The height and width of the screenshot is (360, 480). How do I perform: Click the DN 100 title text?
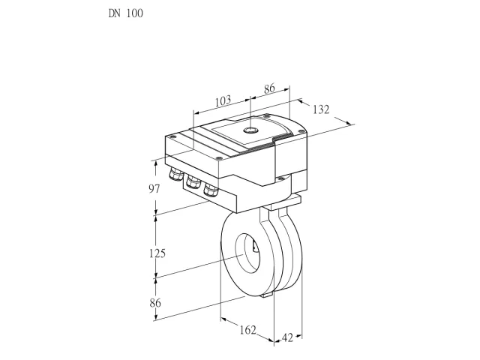(126, 13)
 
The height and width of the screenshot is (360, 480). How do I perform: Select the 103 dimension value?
(223, 101)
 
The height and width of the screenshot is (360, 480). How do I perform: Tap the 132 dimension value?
(321, 109)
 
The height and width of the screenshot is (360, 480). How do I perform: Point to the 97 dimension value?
(154, 189)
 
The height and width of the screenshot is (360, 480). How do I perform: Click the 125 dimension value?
(157, 253)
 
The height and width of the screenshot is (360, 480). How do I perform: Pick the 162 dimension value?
(247, 330)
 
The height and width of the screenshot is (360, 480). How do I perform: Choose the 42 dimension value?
(287, 337)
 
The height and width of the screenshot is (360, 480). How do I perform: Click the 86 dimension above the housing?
(269, 88)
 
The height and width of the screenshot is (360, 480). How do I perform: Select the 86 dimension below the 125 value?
(155, 303)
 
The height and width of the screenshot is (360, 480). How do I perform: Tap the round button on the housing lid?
(250, 130)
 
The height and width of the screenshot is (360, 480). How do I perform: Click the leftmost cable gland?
(175, 173)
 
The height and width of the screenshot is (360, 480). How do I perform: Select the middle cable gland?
(193, 181)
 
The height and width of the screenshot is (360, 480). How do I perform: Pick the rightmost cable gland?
(211, 190)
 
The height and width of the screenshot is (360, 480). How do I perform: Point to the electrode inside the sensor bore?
(255, 246)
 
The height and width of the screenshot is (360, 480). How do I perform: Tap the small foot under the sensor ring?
(267, 295)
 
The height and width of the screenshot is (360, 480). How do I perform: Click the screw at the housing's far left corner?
(172, 136)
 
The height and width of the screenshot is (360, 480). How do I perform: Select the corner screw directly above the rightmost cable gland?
(218, 158)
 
